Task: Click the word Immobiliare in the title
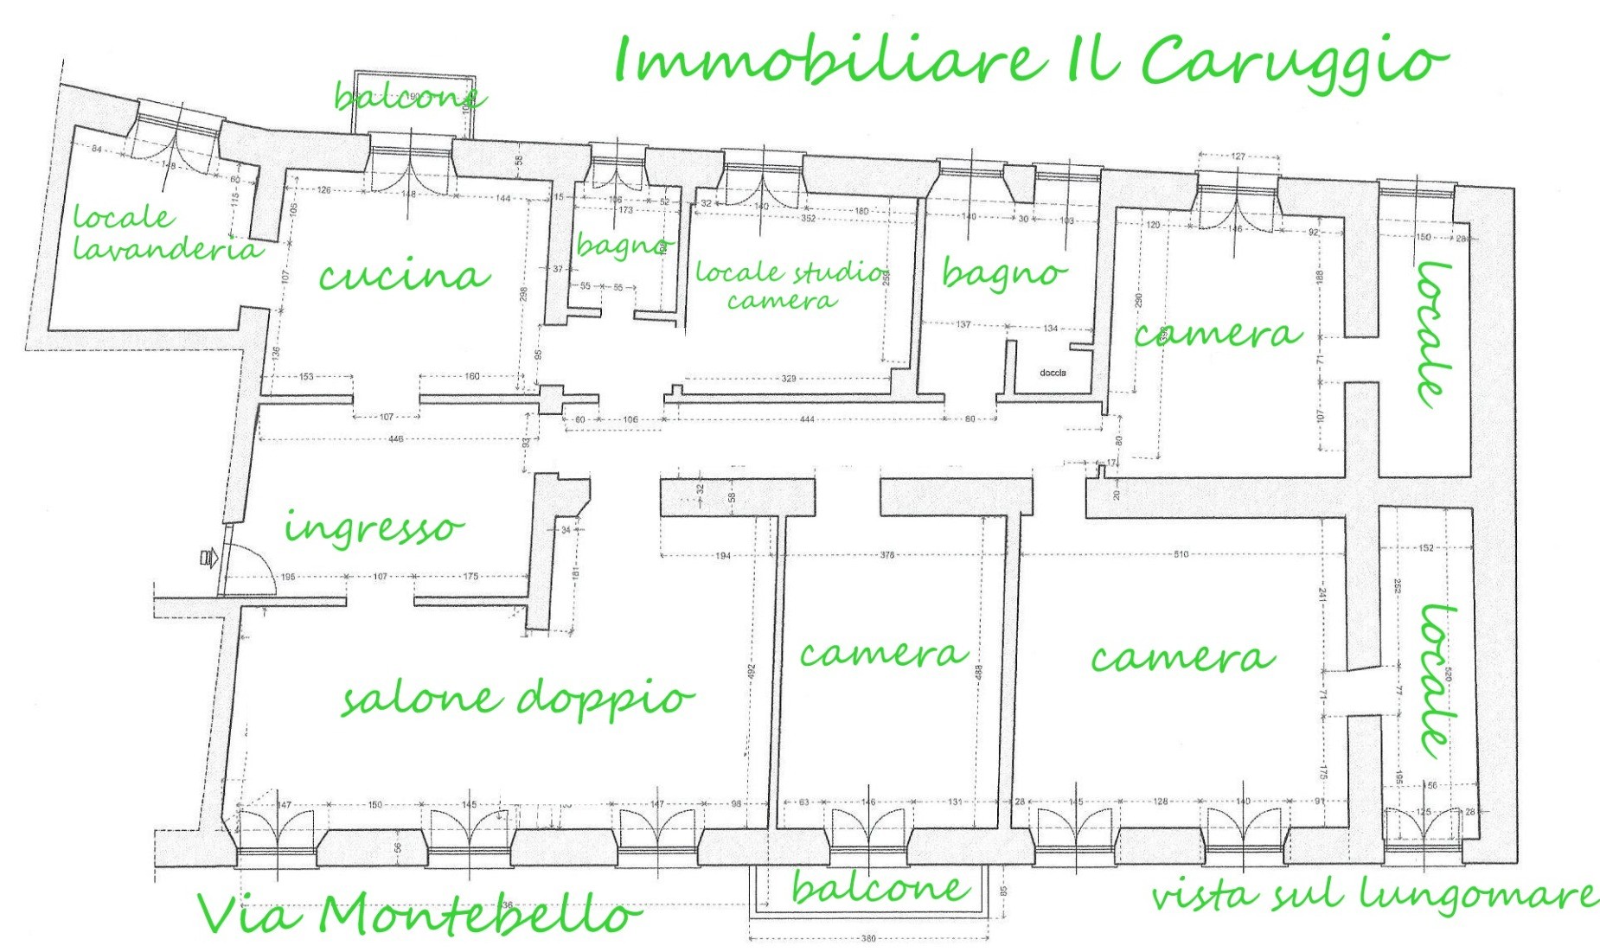[x=826, y=61]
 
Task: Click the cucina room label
[x=404, y=275]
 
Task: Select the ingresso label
[x=374, y=527]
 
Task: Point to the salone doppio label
[x=517, y=698]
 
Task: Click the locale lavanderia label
[x=164, y=233]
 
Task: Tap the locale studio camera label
[x=790, y=285]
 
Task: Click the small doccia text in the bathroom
[x=1053, y=373]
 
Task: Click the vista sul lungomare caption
[x=1373, y=895]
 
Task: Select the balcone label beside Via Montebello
[x=880, y=888]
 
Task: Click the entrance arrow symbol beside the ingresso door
[x=208, y=558]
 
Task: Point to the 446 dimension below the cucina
[x=395, y=439]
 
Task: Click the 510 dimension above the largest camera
[x=1181, y=554]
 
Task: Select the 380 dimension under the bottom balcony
[x=868, y=938]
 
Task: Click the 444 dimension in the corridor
[x=807, y=419]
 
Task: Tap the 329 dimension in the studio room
[x=789, y=379]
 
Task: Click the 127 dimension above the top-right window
[x=1238, y=157]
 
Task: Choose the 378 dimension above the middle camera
[x=886, y=555]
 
